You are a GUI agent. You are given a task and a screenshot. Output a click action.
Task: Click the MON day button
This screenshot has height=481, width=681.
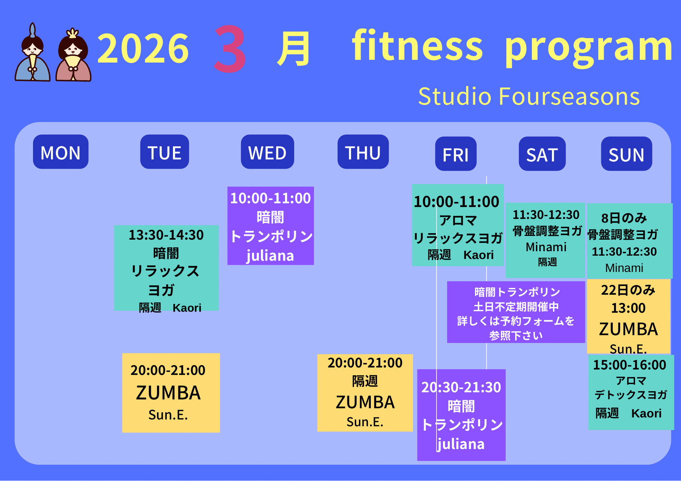click(61, 152)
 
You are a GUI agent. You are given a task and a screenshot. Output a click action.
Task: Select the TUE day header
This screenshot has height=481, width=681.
click(164, 152)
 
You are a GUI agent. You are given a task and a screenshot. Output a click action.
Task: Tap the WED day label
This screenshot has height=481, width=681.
click(267, 152)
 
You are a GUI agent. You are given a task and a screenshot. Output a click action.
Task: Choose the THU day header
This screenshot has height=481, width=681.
click(363, 152)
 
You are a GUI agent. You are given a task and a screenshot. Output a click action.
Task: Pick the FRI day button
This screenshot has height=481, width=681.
click(456, 154)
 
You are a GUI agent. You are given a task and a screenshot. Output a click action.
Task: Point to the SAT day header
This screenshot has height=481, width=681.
click(542, 154)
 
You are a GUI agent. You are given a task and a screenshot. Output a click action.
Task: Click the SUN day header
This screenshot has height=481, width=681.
click(627, 154)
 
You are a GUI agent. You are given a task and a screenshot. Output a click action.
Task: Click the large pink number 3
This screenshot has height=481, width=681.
click(230, 49)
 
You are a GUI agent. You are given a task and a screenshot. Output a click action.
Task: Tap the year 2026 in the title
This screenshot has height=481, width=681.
click(143, 48)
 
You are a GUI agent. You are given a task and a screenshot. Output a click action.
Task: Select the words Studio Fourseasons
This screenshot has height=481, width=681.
click(529, 96)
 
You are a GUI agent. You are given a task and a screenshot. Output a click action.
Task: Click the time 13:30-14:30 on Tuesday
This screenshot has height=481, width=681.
click(166, 235)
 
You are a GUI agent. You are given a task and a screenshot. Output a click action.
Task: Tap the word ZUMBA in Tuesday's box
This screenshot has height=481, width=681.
click(168, 393)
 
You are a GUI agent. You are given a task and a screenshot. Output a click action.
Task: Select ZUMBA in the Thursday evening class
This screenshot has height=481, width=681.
click(365, 402)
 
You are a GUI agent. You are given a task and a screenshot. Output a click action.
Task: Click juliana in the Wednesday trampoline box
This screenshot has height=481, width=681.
click(270, 256)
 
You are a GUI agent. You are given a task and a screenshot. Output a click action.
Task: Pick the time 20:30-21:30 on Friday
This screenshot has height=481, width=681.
click(461, 387)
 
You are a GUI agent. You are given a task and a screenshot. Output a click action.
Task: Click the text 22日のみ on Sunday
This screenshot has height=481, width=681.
click(628, 290)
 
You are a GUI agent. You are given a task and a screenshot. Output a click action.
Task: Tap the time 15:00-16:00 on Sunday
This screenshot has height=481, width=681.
click(630, 365)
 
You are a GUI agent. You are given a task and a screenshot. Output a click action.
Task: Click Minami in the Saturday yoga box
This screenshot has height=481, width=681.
click(546, 247)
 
